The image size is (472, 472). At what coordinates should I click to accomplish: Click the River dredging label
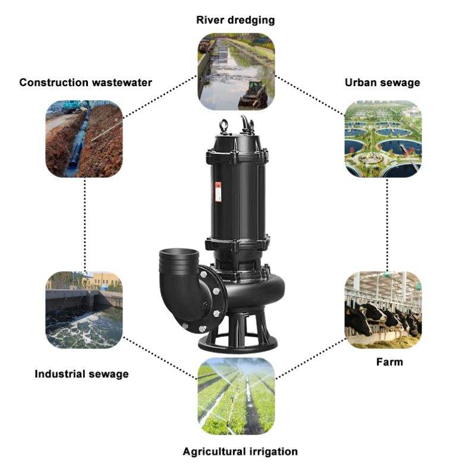pos(235,20)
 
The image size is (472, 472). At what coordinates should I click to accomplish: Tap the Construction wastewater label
pos(86,83)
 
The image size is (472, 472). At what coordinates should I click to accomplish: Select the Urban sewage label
pos(382,83)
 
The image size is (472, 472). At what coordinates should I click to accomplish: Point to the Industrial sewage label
pos(81,374)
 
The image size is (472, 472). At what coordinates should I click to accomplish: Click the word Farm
pos(389,362)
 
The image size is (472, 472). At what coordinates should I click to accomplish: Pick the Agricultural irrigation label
pos(240,452)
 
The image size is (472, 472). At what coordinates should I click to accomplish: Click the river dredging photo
pos(236,71)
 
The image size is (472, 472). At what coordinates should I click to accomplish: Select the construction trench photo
pos(84,139)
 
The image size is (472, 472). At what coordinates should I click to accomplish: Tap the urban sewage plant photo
pos(383,139)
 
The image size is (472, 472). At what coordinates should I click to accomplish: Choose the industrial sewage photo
pos(84,310)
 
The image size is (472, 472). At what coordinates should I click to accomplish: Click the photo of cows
pos(383,310)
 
